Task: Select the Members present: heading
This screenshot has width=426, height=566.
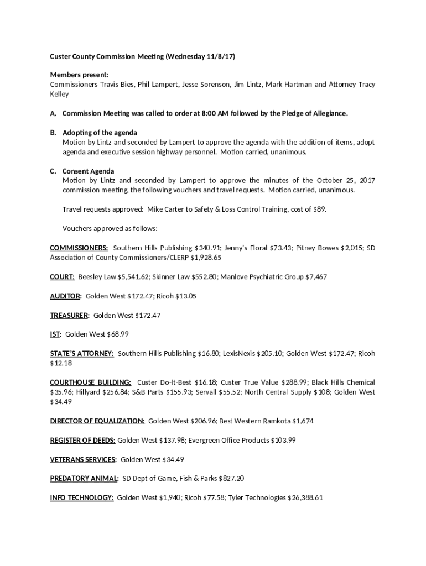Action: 79,75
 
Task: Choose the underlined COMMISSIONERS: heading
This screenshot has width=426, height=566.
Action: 79,248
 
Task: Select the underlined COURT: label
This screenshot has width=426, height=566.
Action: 63,277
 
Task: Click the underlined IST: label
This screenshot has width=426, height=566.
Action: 55,334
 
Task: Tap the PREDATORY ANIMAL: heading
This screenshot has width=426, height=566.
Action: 84,478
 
